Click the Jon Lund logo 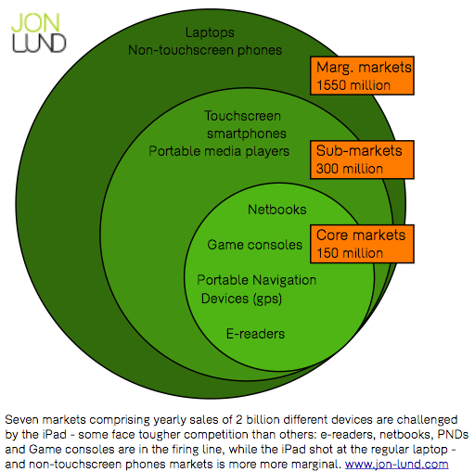(39, 32)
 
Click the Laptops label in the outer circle (210, 32)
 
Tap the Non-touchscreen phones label (205, 50)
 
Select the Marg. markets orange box (362, 76)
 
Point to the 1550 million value (353, 85)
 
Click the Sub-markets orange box (362, 159)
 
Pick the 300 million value (350, 169)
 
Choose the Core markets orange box (362, 244)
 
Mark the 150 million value (350, 253)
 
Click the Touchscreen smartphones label (245, 125)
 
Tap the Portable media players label (219, 151)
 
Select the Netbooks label (277, 210)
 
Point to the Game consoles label (255, 245)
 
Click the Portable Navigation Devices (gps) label (257, 289)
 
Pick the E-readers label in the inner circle (255, 334)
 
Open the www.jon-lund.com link (397, 465)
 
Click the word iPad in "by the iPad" (55, 435)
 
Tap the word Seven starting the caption (22, 420)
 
